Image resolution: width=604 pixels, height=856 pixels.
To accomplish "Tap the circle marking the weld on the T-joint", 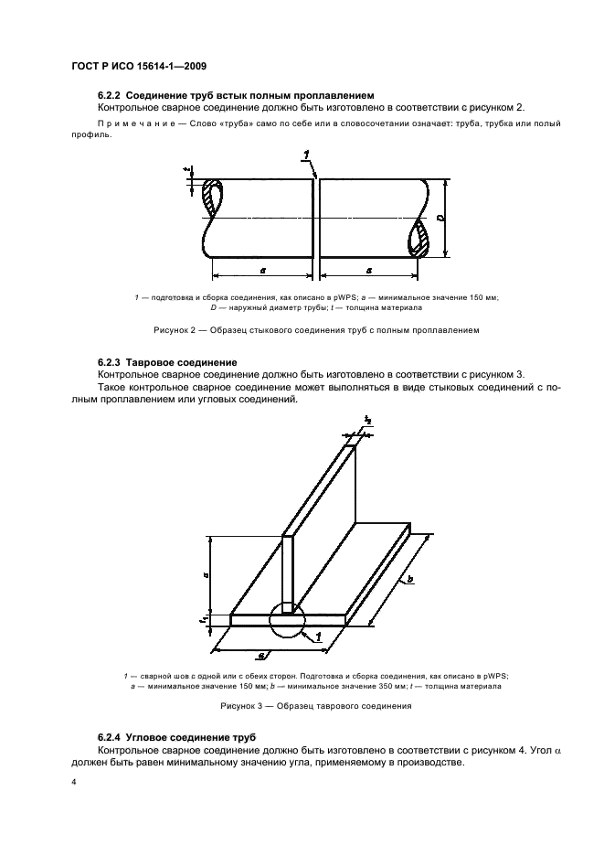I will click(x=288, y=618).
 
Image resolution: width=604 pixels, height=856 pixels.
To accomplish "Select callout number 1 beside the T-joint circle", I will click(x=317, y=634).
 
